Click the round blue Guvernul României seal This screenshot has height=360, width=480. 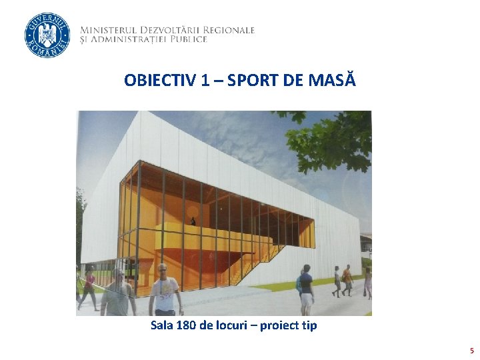(x=47, y=35)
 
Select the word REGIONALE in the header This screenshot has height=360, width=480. (x=231, y=30)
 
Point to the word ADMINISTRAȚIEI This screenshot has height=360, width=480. (x=133, y=39)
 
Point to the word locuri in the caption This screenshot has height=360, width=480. (x=233, y=325)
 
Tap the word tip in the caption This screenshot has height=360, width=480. (x=309, y=325)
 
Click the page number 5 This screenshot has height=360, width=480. (x=471, y=351)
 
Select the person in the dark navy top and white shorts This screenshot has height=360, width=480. (x=306, y=289)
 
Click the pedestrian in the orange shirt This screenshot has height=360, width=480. (x=346, y=279)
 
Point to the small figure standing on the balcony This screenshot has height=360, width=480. (x=193, y=221)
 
